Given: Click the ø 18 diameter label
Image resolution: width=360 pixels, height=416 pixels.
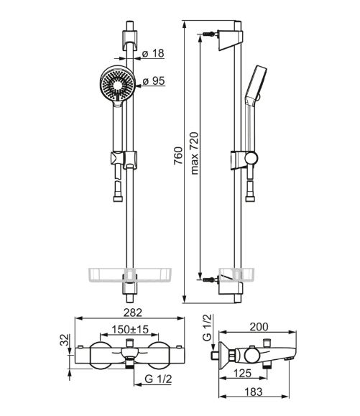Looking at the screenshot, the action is click(153, 53).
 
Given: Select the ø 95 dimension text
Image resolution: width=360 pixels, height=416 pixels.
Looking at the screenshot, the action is click(154, 81).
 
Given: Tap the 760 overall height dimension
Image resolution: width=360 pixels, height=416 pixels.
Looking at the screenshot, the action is click(178, 156).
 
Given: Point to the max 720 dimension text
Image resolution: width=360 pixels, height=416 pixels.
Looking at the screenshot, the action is click(195, 153).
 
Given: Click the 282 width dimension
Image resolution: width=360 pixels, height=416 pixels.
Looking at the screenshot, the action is click(133, 313).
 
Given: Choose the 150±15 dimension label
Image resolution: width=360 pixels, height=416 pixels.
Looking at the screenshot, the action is click(130, 330).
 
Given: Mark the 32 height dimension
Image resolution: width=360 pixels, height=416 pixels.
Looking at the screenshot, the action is click(65, 340).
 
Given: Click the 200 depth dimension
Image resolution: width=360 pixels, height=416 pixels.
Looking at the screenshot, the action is click(259, 327).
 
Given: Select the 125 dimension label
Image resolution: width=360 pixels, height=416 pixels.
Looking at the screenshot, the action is click(242, 374).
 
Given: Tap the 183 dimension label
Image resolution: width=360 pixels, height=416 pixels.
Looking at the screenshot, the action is click(254, 392).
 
